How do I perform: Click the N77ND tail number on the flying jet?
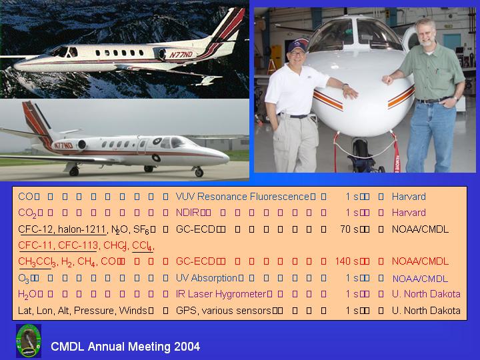[x=181, y=55]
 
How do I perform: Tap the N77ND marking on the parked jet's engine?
[x=63, y=145]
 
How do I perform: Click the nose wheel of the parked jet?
[x=199, y=173]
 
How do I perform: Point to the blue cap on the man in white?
[x=297, y=45]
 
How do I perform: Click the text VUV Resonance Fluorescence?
[x=243, y=197]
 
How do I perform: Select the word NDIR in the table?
[x=187, y=213]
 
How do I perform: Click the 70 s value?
[x=349, y=229]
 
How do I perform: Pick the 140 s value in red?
[x=347, y=261]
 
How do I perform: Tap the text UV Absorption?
[x=207, y=278]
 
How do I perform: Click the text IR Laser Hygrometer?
[x=221, y=294]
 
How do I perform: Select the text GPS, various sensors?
[x=223, y=311]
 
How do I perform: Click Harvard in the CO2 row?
[x=409, y=213]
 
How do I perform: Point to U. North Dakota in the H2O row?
[x=426, y=294]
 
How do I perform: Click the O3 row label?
[x=24, y=279]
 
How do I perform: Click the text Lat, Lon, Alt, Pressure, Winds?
[x=83, y=311]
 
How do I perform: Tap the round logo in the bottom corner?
[x=29, y=341]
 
